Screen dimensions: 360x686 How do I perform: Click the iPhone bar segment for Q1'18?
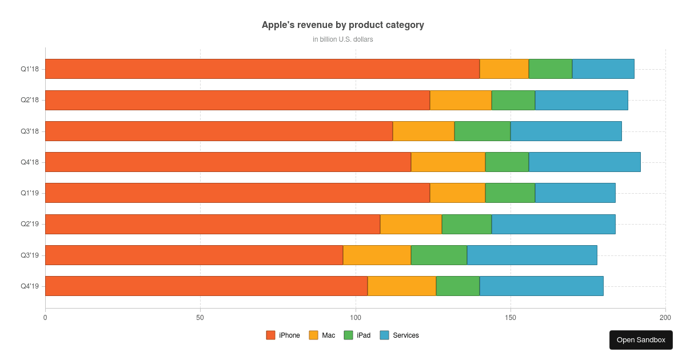[262, 69]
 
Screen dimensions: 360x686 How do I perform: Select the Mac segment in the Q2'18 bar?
[461, 100]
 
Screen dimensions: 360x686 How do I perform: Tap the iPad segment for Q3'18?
[482, 131]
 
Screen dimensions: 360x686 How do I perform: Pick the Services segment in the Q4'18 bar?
[584, 162]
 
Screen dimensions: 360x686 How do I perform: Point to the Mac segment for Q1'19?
[457, 193]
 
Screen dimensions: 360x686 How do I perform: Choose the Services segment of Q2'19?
[553, 224]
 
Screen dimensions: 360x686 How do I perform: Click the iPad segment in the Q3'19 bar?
[439, 255]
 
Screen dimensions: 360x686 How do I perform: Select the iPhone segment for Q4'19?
[206, 286]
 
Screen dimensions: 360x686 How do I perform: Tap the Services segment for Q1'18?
[603, 69]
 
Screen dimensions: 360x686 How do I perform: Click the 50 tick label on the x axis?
[200, 317]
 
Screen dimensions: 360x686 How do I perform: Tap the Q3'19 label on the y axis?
[30, 255]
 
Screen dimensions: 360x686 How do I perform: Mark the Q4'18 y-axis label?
[30, 162]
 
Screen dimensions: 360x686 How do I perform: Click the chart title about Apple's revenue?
[343, 25]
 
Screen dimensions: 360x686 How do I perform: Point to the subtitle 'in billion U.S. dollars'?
[343, 39]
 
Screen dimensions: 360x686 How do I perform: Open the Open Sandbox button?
[641, 340]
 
